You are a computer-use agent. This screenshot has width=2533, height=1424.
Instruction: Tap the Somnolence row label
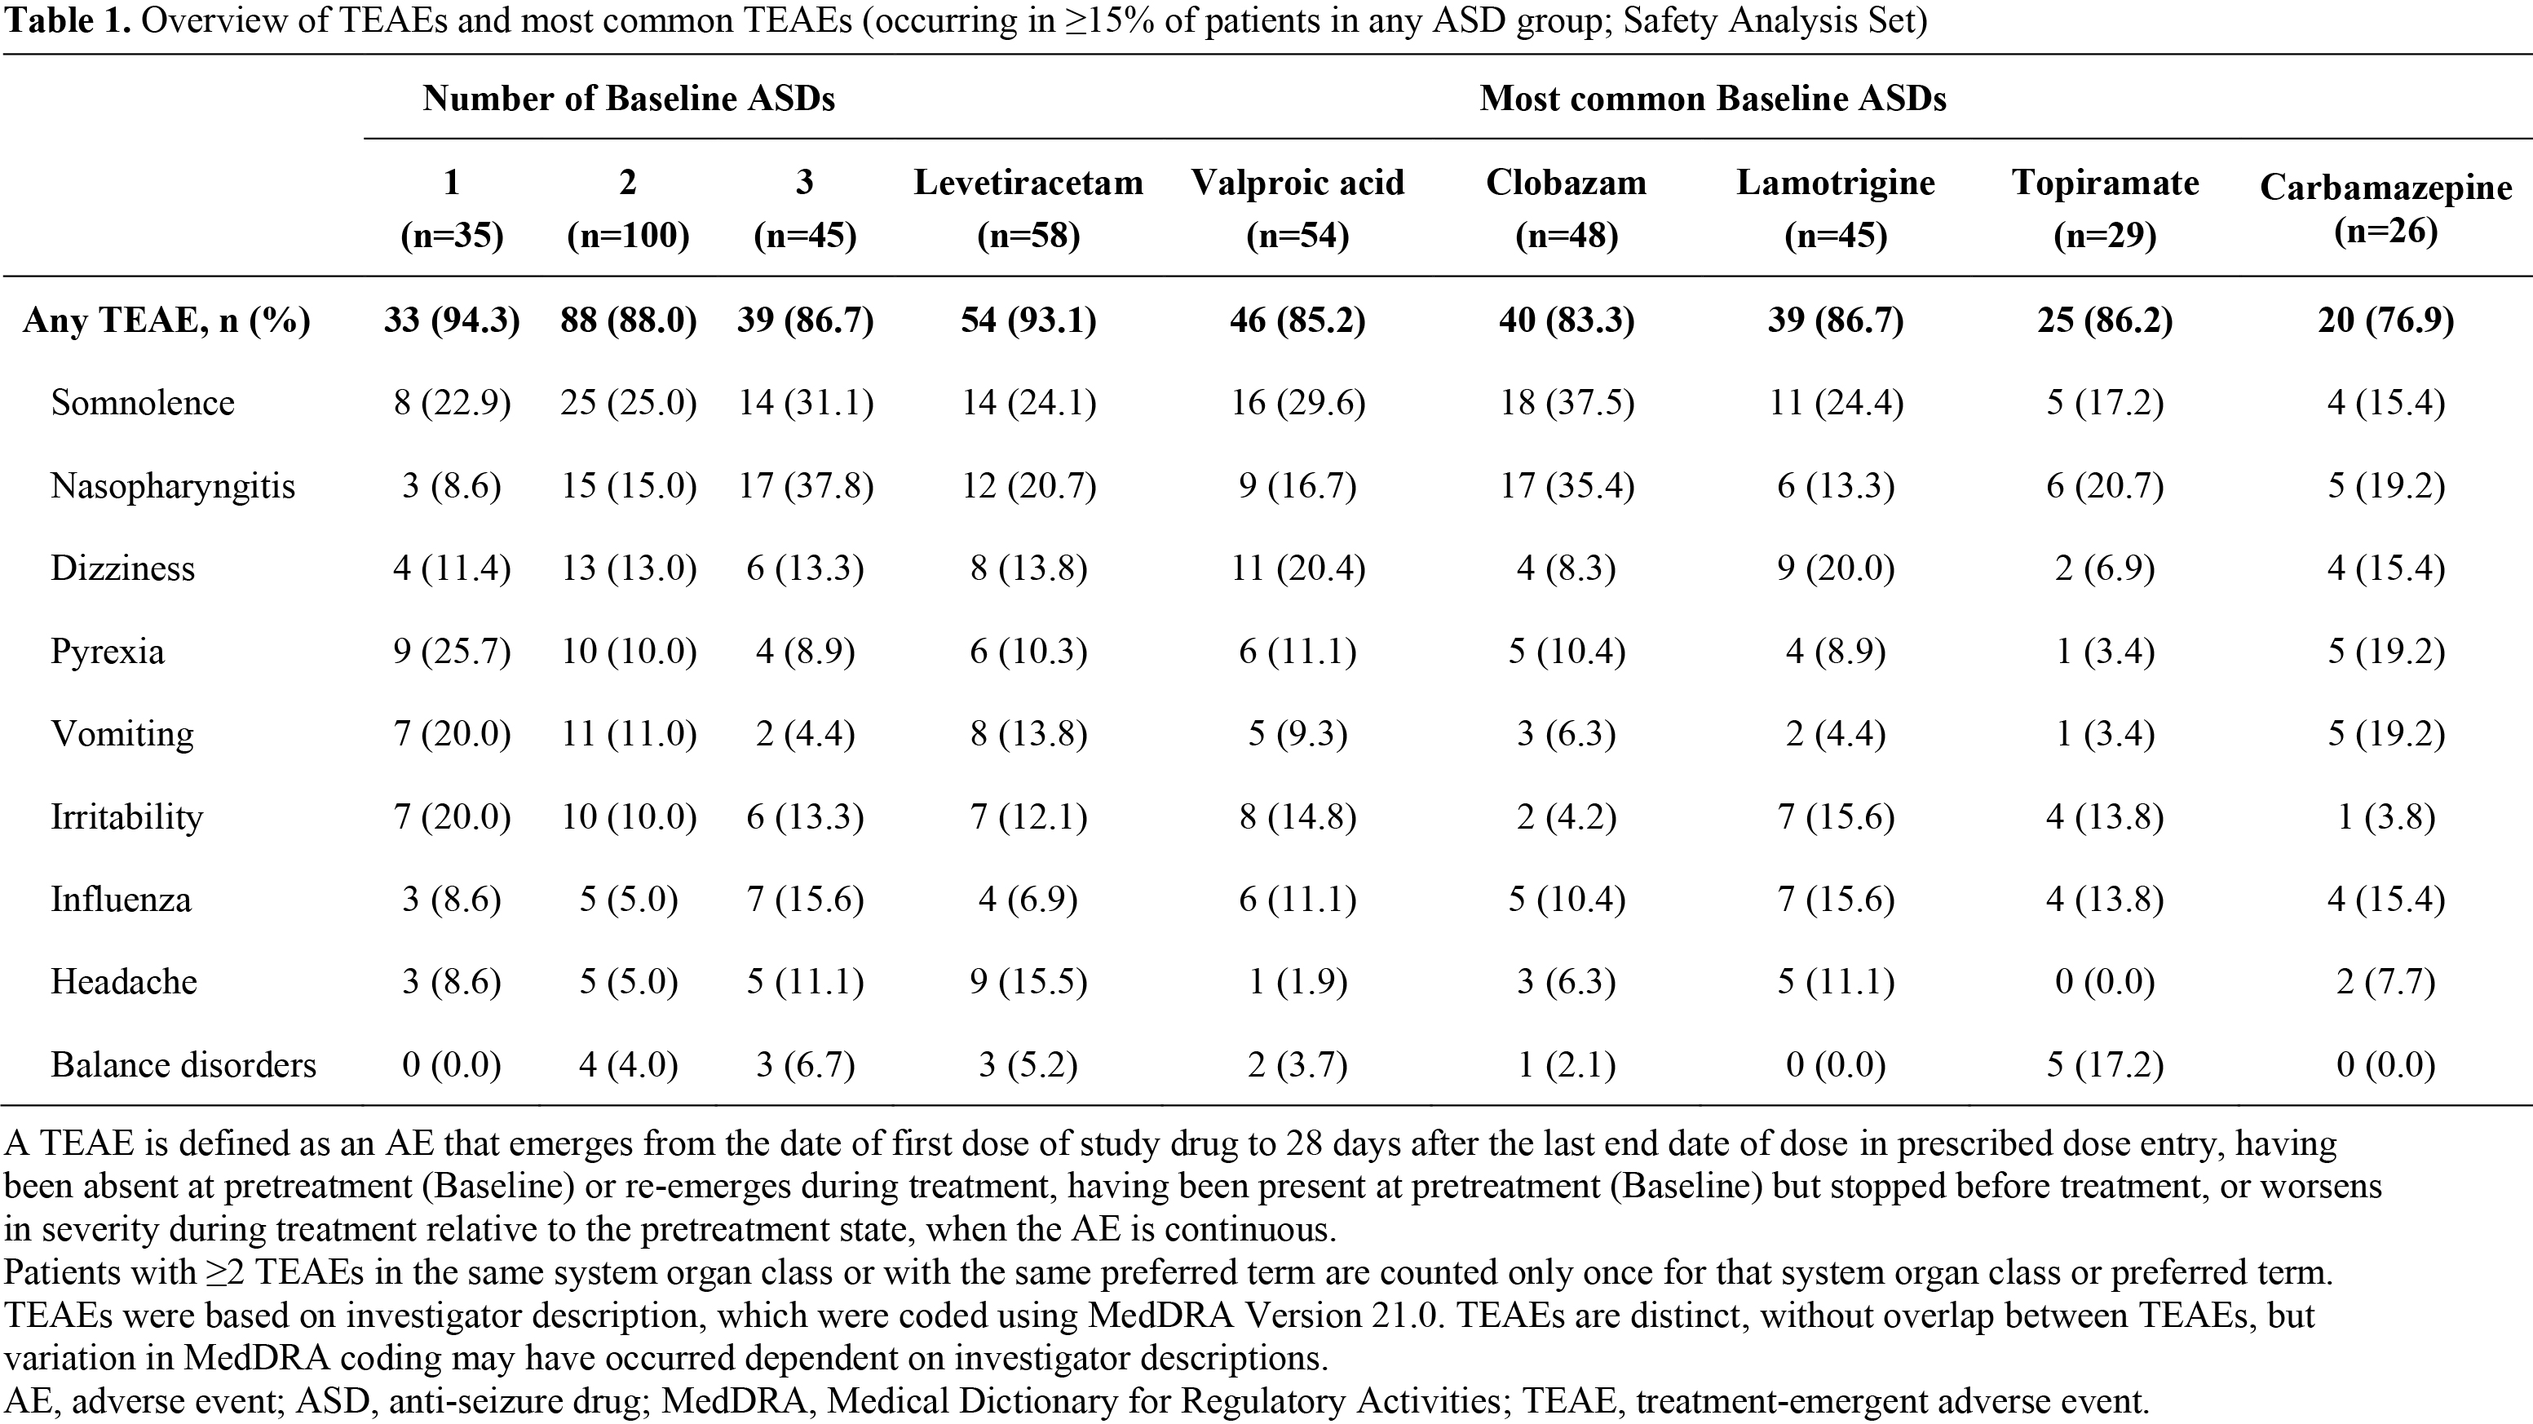[x=143, y=403]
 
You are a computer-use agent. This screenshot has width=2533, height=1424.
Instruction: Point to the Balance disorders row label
[x=183, y=1065]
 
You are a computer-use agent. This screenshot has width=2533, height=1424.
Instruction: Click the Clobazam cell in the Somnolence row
[x=1567, y=403]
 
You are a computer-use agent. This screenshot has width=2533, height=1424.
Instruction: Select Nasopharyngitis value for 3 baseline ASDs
[x=806, y=486]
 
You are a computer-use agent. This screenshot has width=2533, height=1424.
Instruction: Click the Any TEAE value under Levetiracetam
[x=1028, y=321]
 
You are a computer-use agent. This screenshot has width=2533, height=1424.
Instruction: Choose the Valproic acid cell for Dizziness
[x=1298, y=568]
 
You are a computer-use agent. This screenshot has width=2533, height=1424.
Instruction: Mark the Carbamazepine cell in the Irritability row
[x=2385, y=817]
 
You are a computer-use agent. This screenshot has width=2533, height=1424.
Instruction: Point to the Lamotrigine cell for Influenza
[x=1835, y=900]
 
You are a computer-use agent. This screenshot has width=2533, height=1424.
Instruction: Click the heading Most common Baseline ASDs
[x=1713, y=99]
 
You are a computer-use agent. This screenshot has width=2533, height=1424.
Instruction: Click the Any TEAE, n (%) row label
[x=166, y=321]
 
